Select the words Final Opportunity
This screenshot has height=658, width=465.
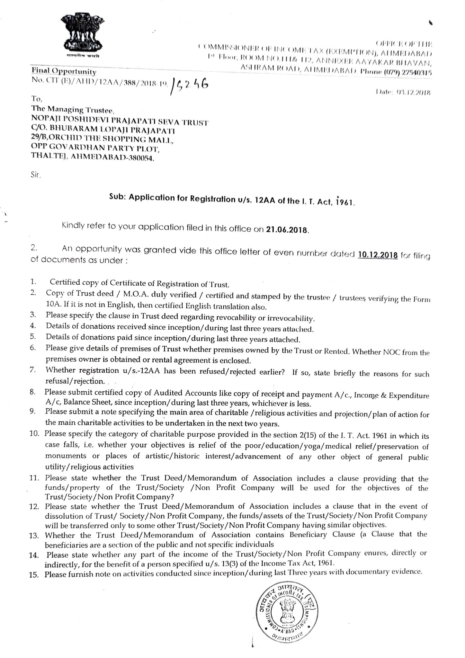pos(64,71)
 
